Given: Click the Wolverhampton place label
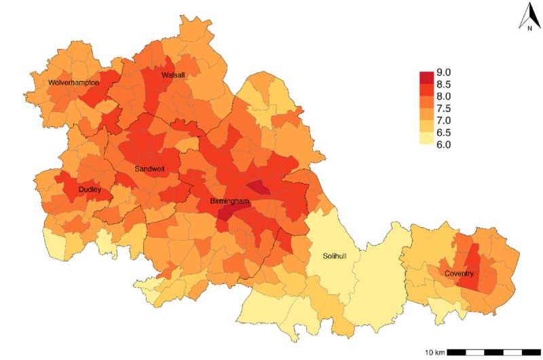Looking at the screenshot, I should coord(74,83).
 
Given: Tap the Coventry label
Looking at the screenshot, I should coord(459,274).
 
